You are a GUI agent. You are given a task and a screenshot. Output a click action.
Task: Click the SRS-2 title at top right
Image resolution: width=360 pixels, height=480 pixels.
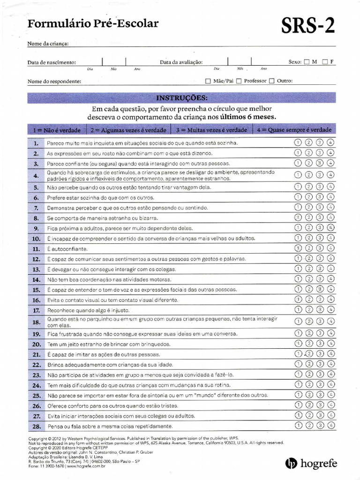point(308,27)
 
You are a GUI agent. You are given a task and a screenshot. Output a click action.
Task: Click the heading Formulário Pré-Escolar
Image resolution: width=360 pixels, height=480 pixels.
point(93,24)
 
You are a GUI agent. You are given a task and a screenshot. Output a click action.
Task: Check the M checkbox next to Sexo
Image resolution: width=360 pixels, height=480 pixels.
point(307,62)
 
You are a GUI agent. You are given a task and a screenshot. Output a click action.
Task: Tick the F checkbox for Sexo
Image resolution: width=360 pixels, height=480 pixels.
point(325,62)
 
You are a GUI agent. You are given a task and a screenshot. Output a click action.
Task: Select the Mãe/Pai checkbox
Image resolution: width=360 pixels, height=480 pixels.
point(208,81)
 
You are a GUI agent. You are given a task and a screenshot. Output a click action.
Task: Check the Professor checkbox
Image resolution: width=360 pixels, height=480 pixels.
point(239,81)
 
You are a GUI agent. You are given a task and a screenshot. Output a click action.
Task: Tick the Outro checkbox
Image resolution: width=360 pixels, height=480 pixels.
point(271,81)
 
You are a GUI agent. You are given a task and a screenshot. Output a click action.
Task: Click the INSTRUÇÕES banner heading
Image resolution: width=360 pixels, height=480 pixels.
point(181,98)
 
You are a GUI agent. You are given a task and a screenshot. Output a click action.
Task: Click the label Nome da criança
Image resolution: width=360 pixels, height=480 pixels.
point(48,44)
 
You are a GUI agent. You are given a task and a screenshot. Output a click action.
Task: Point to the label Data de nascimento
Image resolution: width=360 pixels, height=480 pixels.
point(52,62)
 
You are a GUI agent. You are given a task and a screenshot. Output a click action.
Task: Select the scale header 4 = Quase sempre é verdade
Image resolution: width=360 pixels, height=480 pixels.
point(294,130)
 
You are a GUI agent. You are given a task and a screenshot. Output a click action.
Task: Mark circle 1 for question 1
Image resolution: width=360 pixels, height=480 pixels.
point(297,142)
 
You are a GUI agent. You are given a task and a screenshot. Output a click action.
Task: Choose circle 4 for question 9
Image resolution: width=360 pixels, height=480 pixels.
point(331,228)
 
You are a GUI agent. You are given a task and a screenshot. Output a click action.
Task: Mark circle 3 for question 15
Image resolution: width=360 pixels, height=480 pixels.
point(320,290)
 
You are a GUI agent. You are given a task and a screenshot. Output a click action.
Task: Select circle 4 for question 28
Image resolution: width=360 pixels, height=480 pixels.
point(331,425)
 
